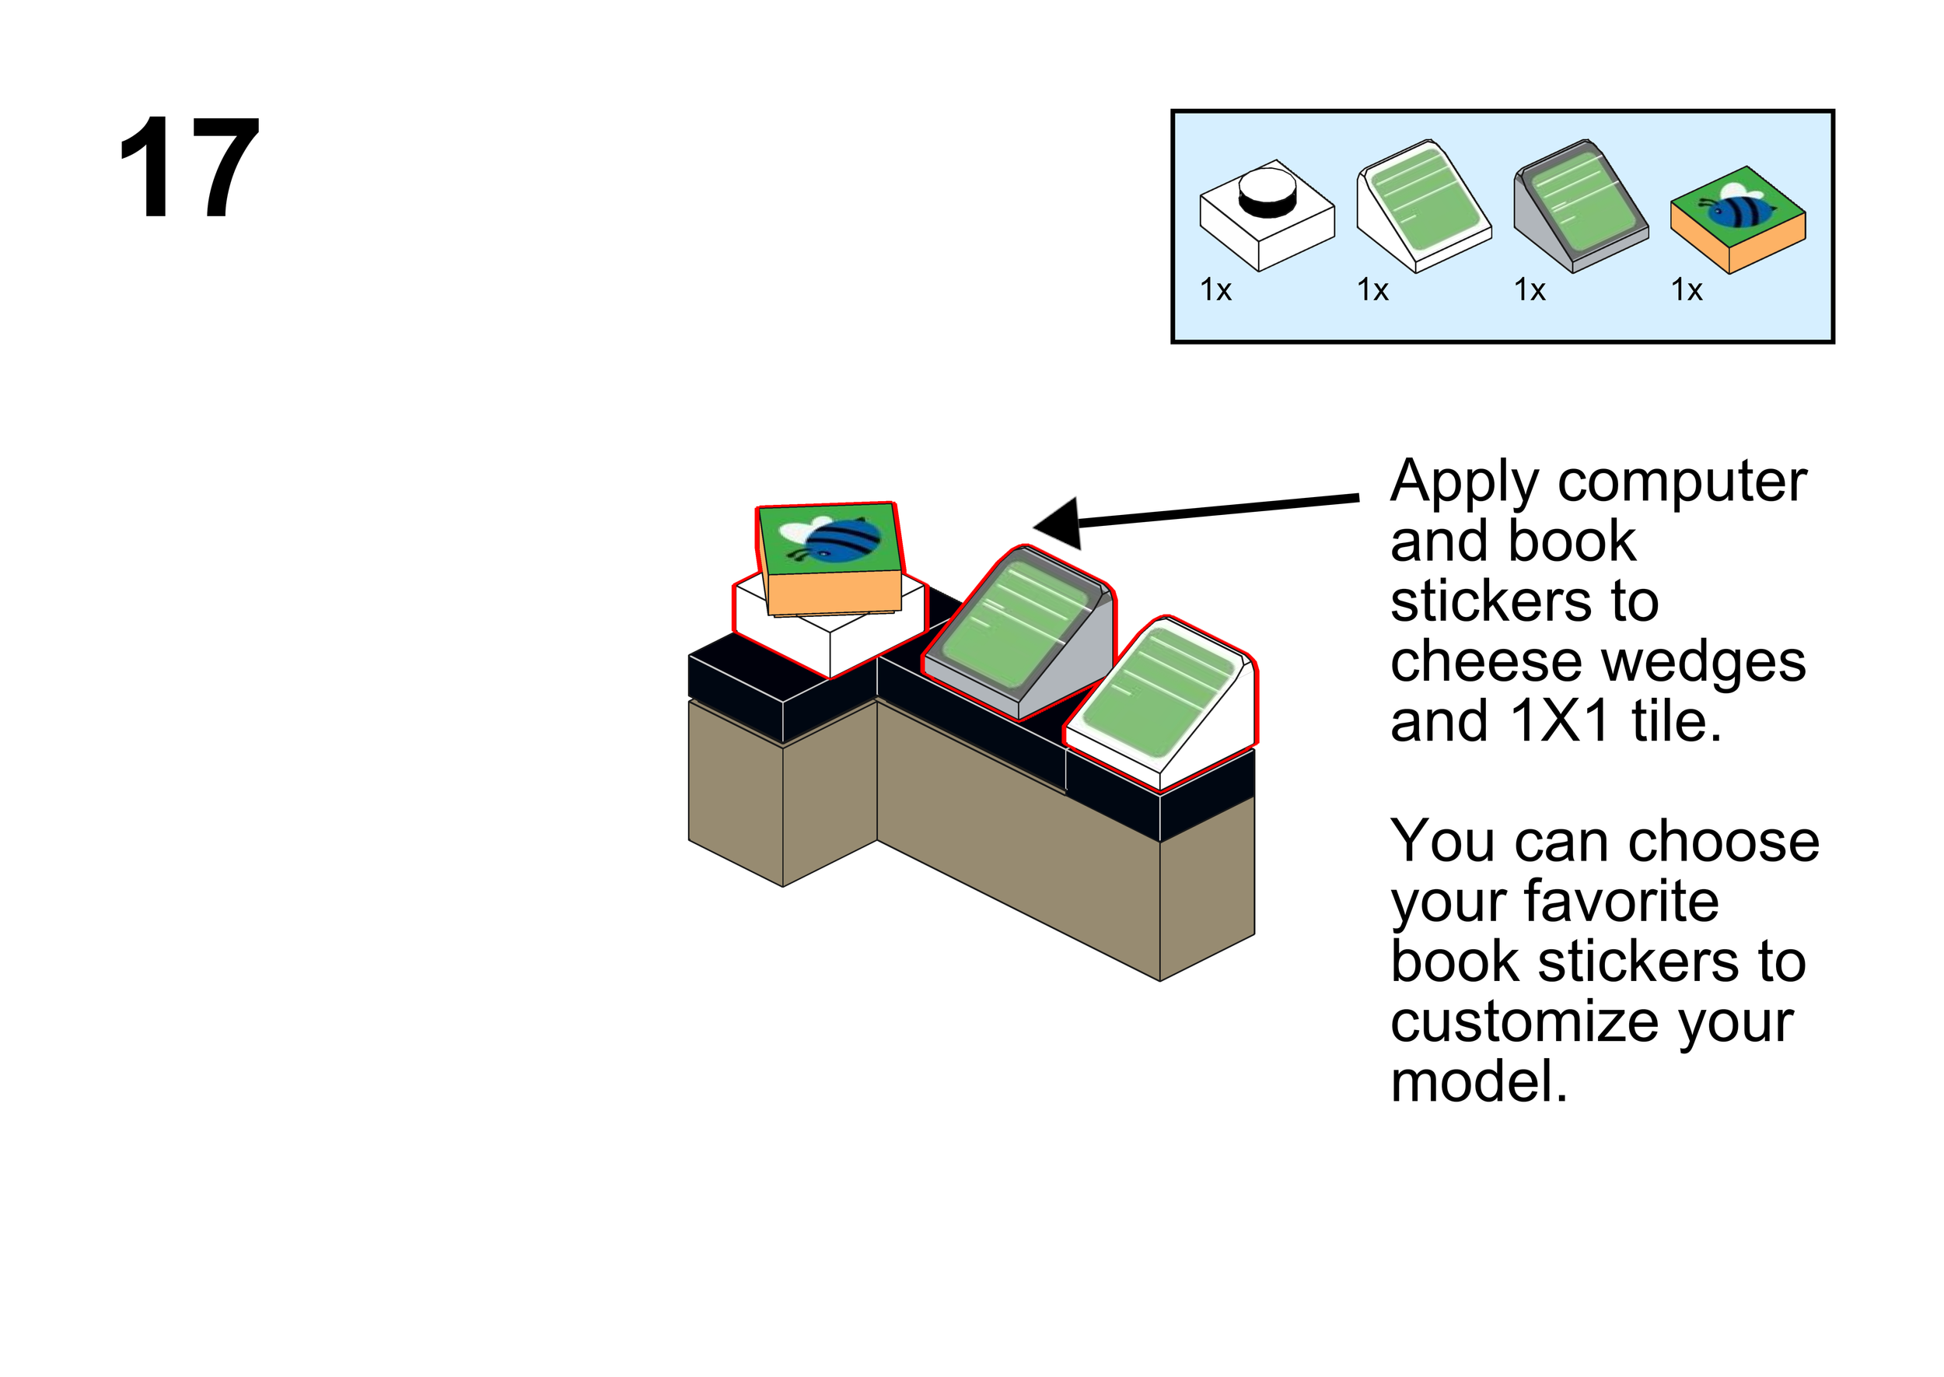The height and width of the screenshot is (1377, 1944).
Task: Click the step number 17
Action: [188, 167]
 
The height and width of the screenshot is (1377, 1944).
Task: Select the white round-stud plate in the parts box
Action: [1266, 215]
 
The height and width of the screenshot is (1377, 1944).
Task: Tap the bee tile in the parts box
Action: [1737, 219]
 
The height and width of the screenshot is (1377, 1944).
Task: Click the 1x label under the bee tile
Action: [1687, 291]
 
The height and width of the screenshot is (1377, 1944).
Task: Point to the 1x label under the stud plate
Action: [1215, 291]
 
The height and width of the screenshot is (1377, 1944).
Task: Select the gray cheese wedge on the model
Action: [1017, 632]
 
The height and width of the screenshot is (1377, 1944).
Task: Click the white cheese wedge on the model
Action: [1161, 704]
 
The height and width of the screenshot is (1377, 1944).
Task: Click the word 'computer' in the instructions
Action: [1682, 482]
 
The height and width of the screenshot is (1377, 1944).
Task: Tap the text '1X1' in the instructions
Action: [1560, 723]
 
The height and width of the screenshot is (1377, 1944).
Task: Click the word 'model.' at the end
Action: [1479, 1083]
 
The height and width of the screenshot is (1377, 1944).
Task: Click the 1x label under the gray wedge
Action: [1530, 291]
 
